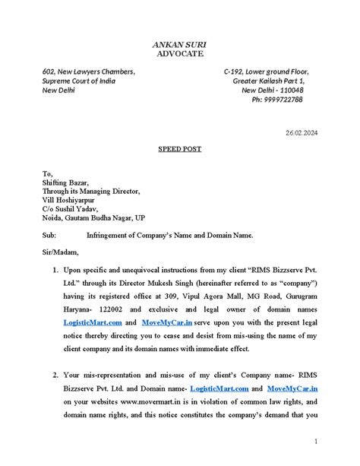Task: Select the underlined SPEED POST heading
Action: (179, 150)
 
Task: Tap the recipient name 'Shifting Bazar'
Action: (66, 182)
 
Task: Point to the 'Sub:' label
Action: (50, 236)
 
